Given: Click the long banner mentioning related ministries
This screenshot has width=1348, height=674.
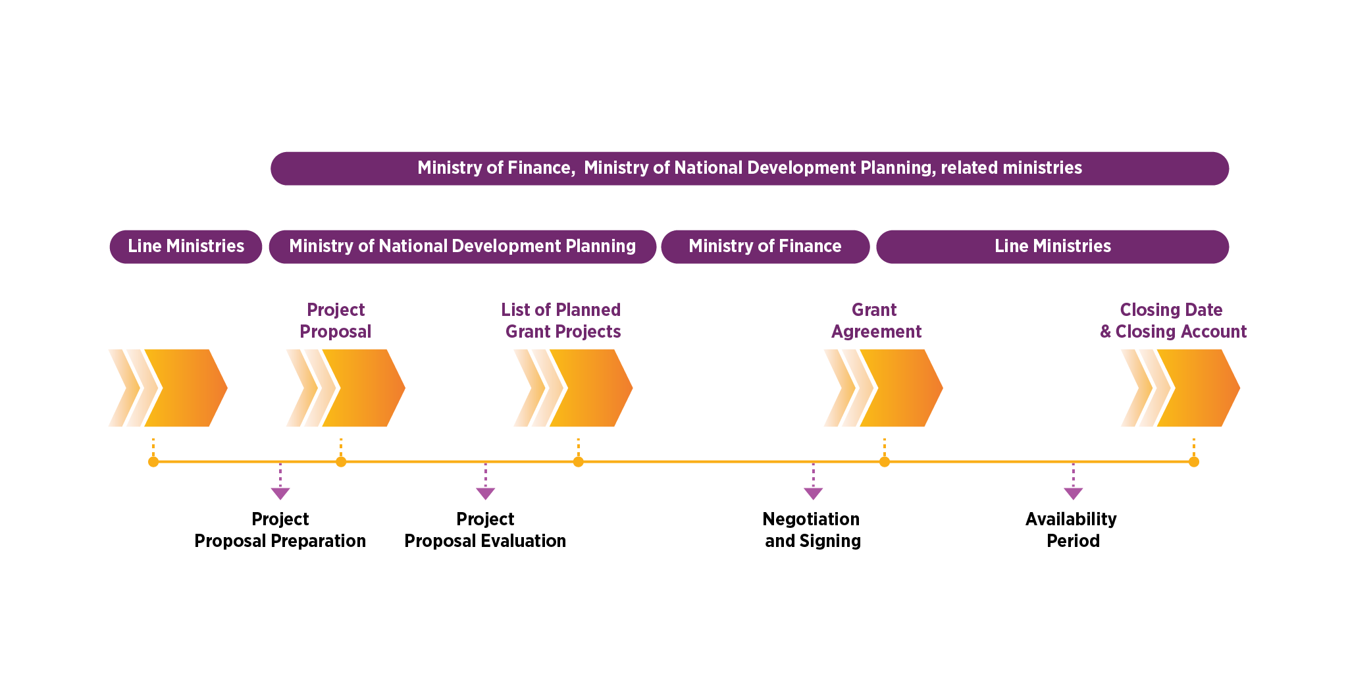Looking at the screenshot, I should pos(749,168).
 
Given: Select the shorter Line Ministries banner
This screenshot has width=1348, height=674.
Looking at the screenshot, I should pos(186,247).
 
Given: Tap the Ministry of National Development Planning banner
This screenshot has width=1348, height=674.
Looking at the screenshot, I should pos(462,247).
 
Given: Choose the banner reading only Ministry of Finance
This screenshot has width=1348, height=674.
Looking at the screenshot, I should pos(765,247).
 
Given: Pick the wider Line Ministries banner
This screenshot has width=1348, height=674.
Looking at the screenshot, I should pos(1052,247).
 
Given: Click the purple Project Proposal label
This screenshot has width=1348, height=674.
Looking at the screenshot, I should pos(336,321).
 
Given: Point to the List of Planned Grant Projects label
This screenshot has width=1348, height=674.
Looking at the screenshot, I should pos(562,321).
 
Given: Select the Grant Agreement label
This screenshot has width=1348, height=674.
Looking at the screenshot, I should pos(875,321).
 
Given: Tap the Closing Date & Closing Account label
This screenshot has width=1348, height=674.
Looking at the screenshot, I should pos(1173,321).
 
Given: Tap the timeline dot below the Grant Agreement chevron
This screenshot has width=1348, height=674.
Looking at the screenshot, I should pos(885,462).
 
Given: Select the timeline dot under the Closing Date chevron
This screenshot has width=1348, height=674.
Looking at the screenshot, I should pos(1194,462).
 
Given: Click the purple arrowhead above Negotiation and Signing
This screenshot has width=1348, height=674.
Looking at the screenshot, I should pos(814,493).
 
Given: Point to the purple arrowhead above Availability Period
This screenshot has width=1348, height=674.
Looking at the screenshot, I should pos(1074,493).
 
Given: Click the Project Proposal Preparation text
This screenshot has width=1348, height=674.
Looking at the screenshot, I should pos(280,530).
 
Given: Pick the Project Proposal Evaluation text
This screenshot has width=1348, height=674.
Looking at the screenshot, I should pos(485,530).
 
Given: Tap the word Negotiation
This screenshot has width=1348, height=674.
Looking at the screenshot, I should pos(811,519).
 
